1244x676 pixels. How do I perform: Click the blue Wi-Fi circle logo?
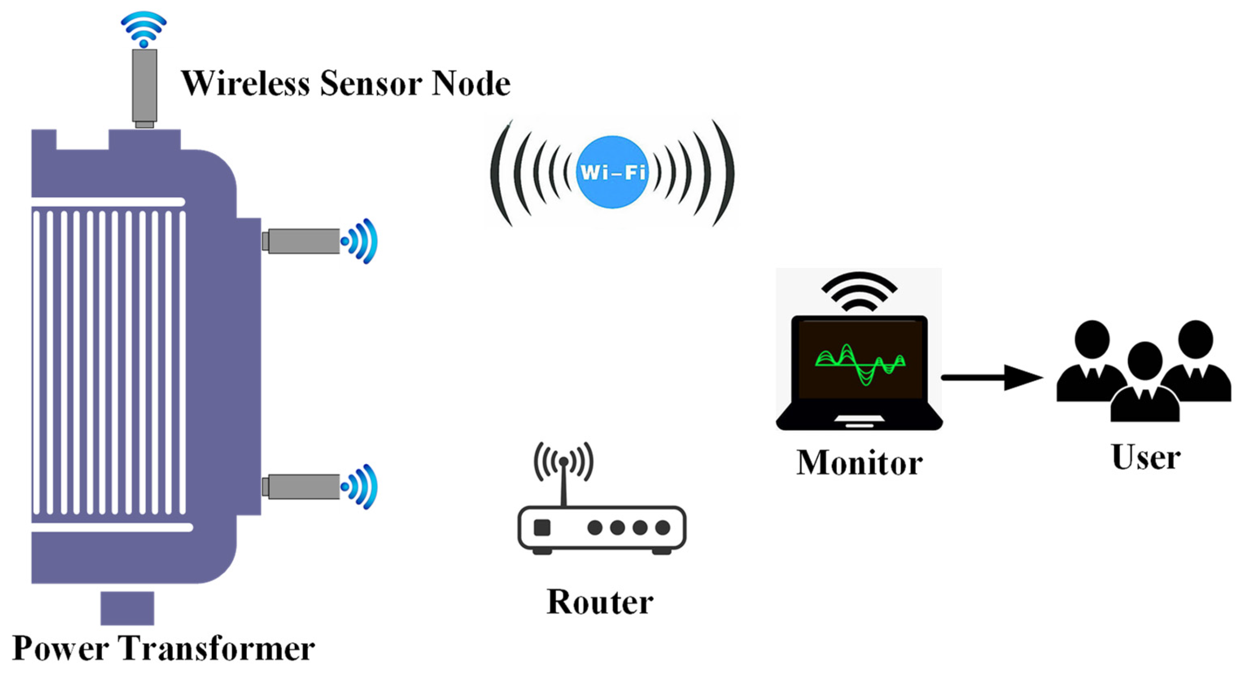pos(612,173)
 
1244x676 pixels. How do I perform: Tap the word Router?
pos(600,602)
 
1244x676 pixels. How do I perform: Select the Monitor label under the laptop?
pos(859,463)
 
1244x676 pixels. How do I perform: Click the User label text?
pos(1145,457)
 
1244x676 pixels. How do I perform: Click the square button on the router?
pos(542,527)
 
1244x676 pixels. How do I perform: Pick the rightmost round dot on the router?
pos(662,527)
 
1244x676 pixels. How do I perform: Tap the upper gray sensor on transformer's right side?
pos(302,240)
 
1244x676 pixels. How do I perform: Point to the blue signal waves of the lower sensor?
pos(360,486)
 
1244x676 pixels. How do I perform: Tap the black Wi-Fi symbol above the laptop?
pos(859,292)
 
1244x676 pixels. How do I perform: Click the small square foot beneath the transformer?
pos(127,608)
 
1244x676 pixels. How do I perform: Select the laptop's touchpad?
pos(859,419)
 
